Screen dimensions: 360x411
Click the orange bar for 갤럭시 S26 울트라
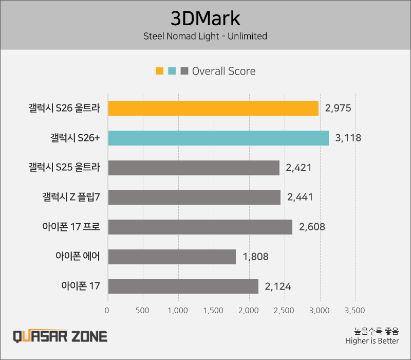213,108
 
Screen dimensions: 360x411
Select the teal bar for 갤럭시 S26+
218,138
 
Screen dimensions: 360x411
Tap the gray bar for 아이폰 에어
172,257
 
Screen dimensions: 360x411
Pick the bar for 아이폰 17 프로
200,227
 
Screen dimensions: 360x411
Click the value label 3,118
348,138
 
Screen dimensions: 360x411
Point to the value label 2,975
338,108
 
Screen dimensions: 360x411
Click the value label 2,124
277,286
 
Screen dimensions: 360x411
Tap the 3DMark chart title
206,19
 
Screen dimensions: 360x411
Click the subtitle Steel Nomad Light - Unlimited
206,36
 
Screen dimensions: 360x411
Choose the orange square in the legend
159,71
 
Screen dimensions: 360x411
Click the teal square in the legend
172,71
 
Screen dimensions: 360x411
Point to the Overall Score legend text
223,71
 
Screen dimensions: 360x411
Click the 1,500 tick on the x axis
213,311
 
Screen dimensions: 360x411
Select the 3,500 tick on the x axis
354,311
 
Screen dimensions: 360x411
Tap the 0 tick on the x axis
107,311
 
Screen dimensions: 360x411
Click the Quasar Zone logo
60,336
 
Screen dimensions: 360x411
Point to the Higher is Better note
372,340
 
